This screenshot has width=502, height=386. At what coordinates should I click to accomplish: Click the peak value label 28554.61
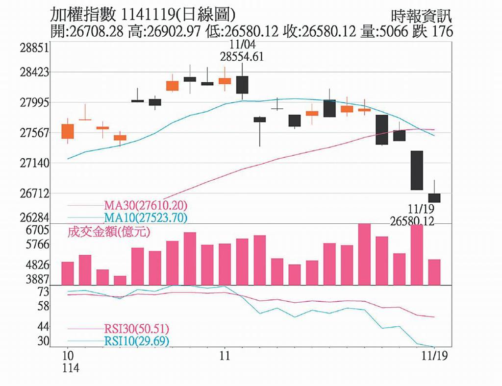tap(242, 56)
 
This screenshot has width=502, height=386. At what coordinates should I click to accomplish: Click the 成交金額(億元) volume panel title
tap(108, 232)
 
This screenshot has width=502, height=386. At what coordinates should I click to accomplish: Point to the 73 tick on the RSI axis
tap(44, 292)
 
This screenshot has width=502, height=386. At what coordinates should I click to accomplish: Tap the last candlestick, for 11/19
tap(434, 197)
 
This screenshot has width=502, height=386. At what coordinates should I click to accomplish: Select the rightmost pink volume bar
tap(434, 272)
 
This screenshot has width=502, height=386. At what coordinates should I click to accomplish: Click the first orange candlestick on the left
tap(68, 131)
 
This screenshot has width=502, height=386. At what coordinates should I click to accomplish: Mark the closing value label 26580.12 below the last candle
tap(413, 221)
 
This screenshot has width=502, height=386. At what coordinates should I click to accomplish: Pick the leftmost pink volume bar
tap(68, 273)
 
